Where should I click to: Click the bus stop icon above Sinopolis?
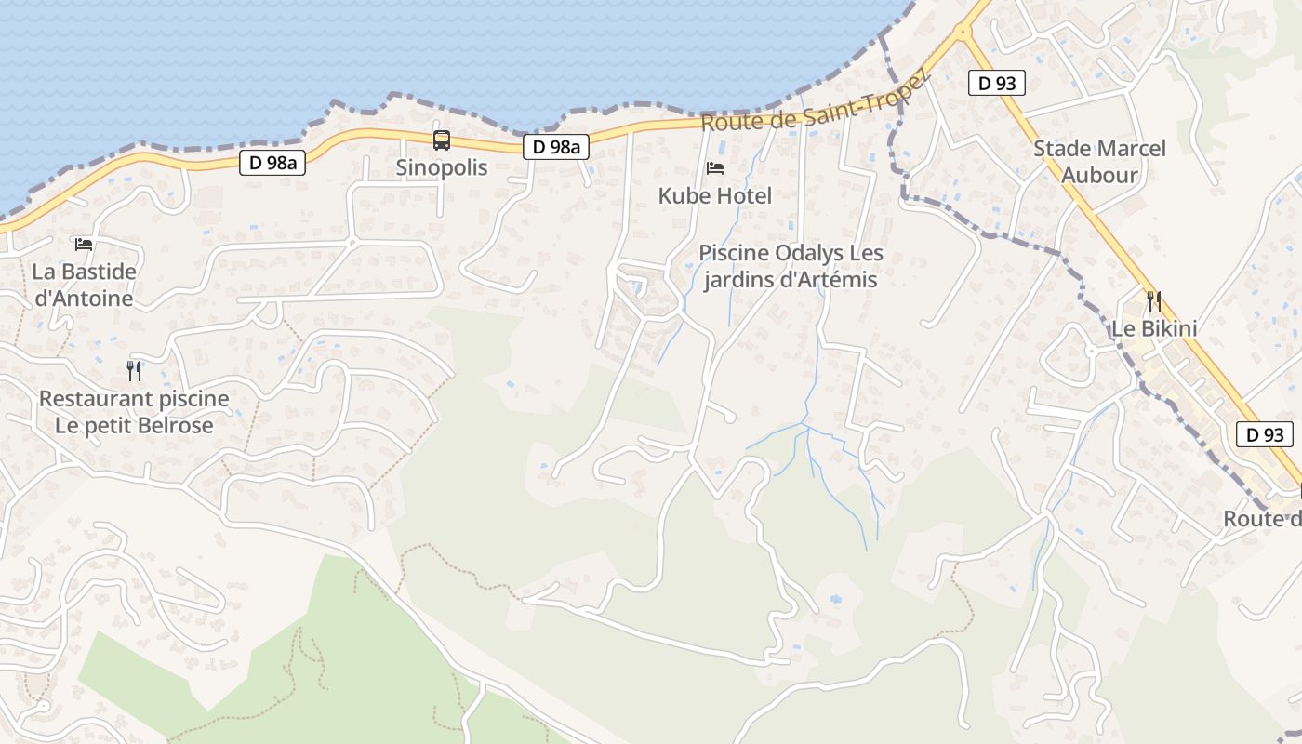point(442,140)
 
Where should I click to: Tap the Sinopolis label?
point(442,168)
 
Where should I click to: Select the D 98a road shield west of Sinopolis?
point(272,163)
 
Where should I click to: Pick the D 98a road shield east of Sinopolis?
point(556,146)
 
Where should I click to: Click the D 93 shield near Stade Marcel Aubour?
point(996,83)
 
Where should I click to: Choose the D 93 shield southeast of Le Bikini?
point(1265,434)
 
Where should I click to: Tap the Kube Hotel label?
point(715,196)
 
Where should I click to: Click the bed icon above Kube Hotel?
point(715,168)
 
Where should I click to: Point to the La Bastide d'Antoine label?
point(84,286)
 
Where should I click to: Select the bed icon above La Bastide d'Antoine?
point(84,245)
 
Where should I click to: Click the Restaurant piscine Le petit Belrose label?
point(134,412)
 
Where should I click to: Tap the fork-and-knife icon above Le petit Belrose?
point(134,371)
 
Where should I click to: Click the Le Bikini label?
point(1154,328)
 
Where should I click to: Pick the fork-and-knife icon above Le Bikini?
point(1154,300)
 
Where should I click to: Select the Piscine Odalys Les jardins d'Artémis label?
point(790,266)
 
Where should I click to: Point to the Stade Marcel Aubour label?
point(1099,161)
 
